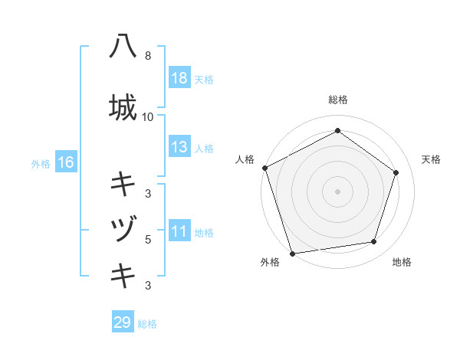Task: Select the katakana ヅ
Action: pos(123,228)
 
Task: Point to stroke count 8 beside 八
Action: pos(147,56)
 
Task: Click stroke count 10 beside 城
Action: pos(147,117)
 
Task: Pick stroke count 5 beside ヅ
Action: pos(147,239)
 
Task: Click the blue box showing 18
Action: pos(179,78)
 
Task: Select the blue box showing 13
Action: pos(179,147)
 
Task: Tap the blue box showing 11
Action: pos(179,231)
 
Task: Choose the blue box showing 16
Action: pos(65,162)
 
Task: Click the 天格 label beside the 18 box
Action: pos(204,79)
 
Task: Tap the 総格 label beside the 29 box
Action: pos(147,324)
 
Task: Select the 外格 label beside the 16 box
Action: pos(41,163)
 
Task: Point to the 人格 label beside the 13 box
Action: pos(204,148)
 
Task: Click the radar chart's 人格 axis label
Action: pos(245,159)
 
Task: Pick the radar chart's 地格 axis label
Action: pos(402,262)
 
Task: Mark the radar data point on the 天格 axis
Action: pos(396,172)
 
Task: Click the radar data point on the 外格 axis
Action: pos(292,252)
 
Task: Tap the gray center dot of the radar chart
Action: pos(337,191)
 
